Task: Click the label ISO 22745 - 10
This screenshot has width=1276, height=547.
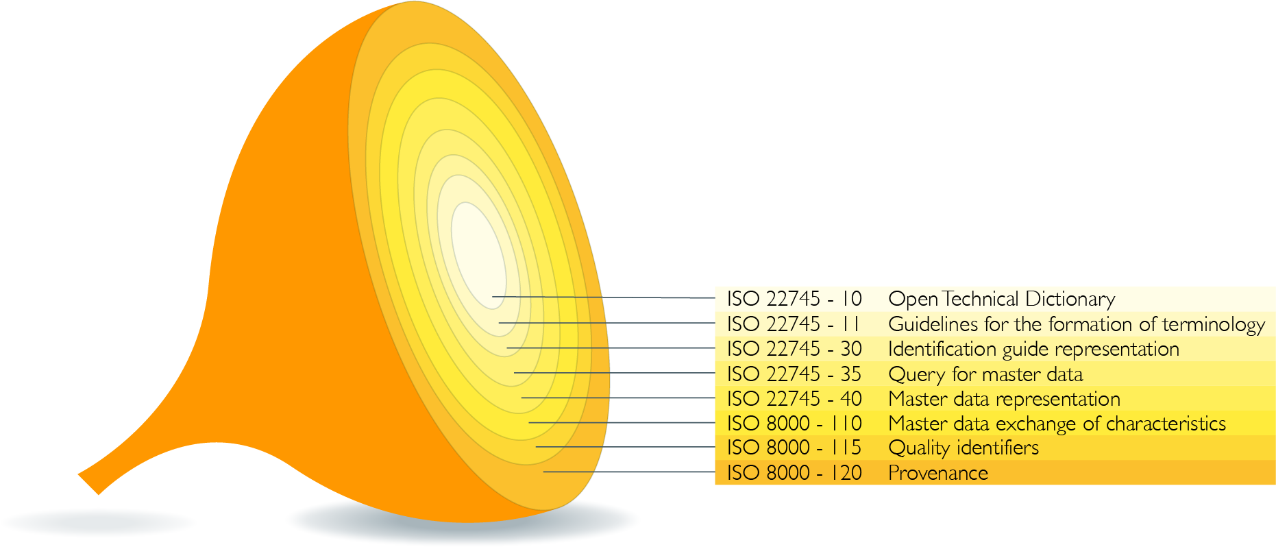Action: (794, 299)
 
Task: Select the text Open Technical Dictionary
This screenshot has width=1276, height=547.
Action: (1001, 300)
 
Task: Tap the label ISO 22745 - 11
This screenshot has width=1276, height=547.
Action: (793, 324)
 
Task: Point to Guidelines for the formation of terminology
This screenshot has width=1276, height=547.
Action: (1077, 324)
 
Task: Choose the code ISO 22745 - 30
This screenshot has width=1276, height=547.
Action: (794, 349)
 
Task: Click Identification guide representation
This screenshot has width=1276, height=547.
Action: (1033, 350)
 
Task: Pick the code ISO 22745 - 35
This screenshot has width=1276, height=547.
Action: (794, 374)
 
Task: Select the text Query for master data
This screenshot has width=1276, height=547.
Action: (985, 374)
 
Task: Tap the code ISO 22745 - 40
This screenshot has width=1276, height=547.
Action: (794, 398)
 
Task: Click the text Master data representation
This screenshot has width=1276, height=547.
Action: (1004, 399)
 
